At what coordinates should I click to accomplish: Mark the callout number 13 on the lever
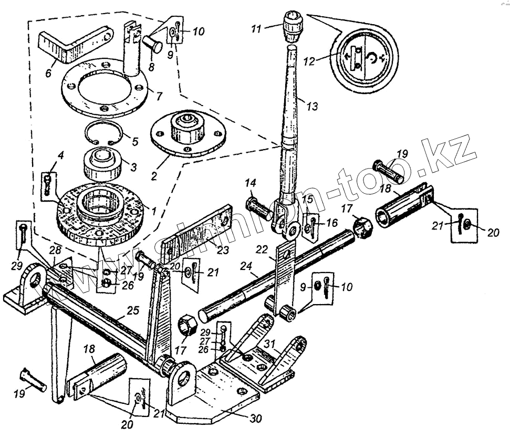(x=311, y=106)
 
